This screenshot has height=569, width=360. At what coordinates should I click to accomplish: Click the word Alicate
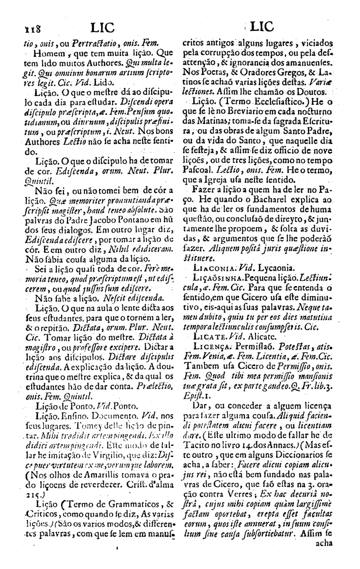[258, 336]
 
